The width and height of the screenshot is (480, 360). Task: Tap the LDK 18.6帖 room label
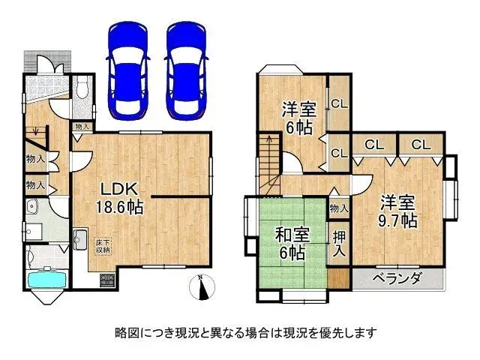118,196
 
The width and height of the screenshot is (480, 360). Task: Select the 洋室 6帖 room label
298,117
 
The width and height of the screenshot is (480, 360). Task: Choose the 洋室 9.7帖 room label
397,211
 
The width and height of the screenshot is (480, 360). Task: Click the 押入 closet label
339,243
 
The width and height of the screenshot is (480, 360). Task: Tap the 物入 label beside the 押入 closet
339,208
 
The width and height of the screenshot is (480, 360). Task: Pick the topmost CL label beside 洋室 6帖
338,105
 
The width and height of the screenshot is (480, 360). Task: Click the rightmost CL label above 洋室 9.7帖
421,144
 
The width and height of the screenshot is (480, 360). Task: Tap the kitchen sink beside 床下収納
81,241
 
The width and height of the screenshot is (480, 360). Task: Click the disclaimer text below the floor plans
240,331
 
